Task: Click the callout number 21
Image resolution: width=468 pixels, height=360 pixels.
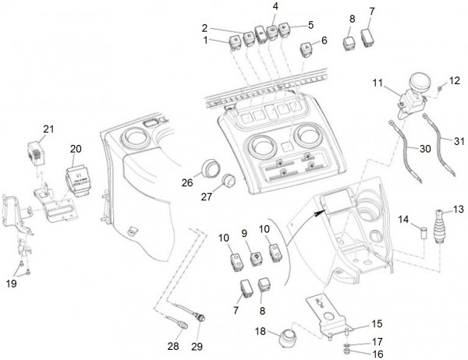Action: [x=48, y=129]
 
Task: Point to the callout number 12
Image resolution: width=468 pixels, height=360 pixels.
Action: [x=455, y=81]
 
